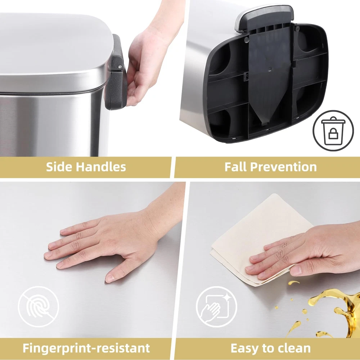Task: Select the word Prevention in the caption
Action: pos(283,167)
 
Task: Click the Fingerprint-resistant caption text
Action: pos(86,348)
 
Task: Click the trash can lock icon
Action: pos(333,130)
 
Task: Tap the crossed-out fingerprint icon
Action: pos(39,306)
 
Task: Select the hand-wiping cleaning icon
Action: pos(216,307)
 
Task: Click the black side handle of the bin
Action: pos(116,72)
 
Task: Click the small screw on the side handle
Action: pos(120,67)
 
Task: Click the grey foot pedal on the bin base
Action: pos(264,17)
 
